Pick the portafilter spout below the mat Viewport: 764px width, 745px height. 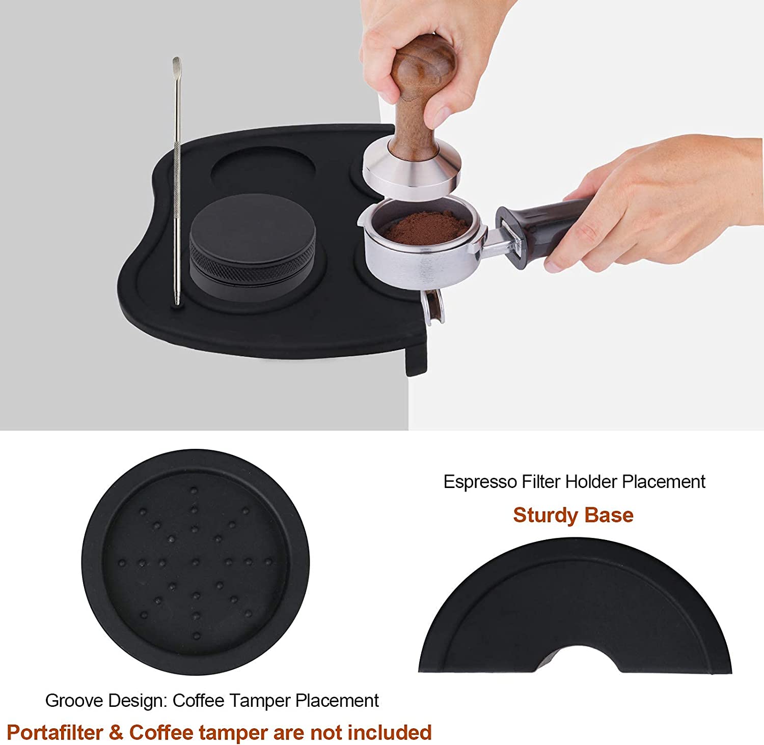point(432,308)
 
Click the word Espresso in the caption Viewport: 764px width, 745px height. point(479,482)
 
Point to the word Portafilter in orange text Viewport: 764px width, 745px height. point(54,733)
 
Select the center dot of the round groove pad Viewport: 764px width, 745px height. point(196,562)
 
